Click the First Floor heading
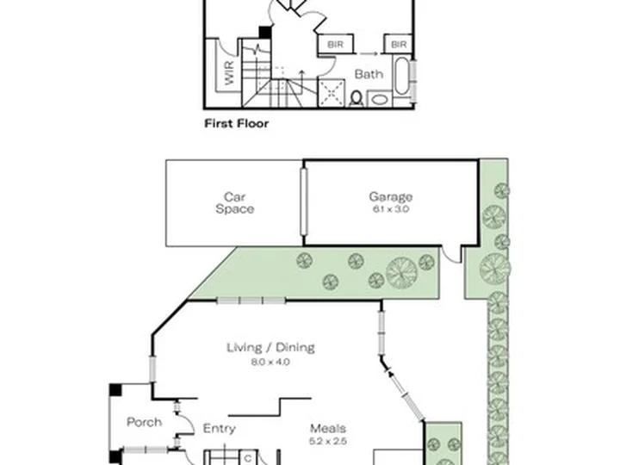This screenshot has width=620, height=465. coord(237,123)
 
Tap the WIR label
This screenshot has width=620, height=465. coord(229,72)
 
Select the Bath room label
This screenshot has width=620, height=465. coord(369,74)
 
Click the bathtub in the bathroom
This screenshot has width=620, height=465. coord(402,76)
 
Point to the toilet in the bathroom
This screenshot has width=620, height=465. coord(356,98)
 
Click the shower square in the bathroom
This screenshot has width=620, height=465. coord(332,92)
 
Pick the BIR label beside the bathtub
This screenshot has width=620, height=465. coord(399,44)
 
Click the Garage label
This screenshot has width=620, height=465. coord(391,196)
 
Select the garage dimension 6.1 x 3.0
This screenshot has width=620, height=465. coord(391,209)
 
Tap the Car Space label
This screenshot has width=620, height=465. coord(235,203)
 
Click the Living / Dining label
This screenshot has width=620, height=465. coord(271,348)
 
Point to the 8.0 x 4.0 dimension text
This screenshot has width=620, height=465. coord(271,362)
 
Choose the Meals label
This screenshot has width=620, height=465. coord(328,429)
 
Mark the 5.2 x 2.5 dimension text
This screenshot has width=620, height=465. coord(328,441)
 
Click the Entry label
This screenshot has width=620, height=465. coord(219,429)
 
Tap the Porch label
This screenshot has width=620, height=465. coord(145,422)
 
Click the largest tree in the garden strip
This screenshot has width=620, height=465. coord(401,273)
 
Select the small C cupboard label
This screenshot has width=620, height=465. coord(248,458)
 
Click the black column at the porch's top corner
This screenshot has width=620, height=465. coord(115,389)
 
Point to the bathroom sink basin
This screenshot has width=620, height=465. coord(379,99)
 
